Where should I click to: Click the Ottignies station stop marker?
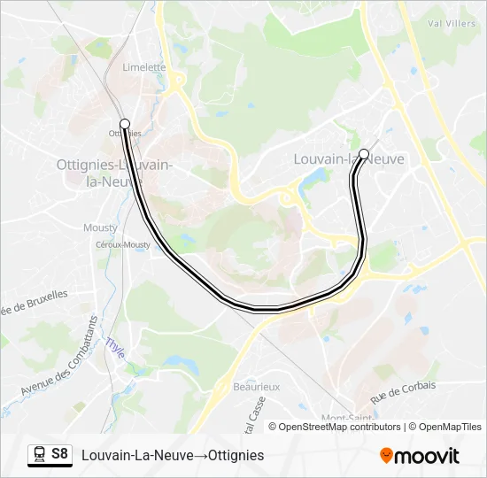(x=125, y=124)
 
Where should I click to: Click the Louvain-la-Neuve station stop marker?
(x=364, y=154)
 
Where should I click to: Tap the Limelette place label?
(x=144, y=67)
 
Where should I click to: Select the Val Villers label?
(x=451, y=23)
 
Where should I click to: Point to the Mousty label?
(x=100, y=227)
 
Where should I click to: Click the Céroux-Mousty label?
(x=123, y=244)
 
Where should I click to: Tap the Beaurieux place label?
(x=256, y=387)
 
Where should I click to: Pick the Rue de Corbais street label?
(x=403, y=391)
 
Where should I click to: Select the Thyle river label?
(x=115, y=347)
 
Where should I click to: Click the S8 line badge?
(x=59, y=454)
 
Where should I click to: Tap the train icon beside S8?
(x=40, y=454)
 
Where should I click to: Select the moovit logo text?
(x=428, y=456)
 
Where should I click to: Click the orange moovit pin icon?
(x=386, y=456)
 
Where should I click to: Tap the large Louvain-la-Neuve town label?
(x=348, y=159)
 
